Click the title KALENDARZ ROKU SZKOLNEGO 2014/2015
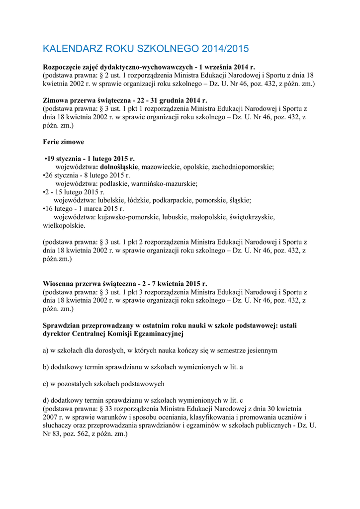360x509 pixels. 145,49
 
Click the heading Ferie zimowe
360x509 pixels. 63,142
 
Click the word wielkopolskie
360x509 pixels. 64,225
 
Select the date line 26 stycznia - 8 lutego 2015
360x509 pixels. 88,175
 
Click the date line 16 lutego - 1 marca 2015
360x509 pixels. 85,209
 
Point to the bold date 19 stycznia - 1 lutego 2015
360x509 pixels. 90,159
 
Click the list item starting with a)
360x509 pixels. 160,350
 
